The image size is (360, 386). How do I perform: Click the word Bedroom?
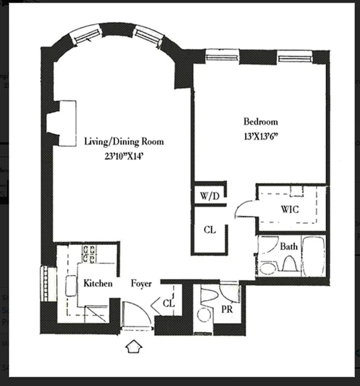click(260, 122)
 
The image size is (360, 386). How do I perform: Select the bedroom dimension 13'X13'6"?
click(262, 136)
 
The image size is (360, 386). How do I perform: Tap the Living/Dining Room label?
click(124, 141)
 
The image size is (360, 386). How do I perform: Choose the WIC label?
click(290, 210)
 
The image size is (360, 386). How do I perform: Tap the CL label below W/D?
click(210, 230)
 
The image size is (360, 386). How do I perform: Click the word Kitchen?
click(98, 283)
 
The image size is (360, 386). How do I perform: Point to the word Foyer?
click(141, 284)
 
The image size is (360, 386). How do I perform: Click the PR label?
click(227, 309)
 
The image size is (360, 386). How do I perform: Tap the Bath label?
click(289, 247)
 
